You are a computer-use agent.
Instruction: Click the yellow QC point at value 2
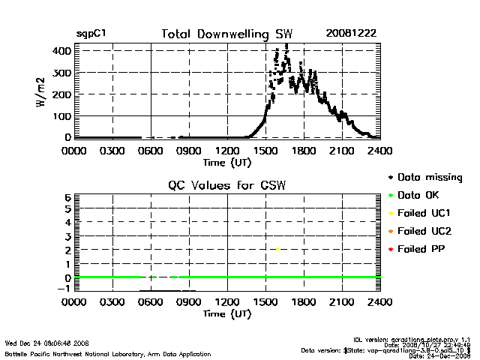pos(277,250)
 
